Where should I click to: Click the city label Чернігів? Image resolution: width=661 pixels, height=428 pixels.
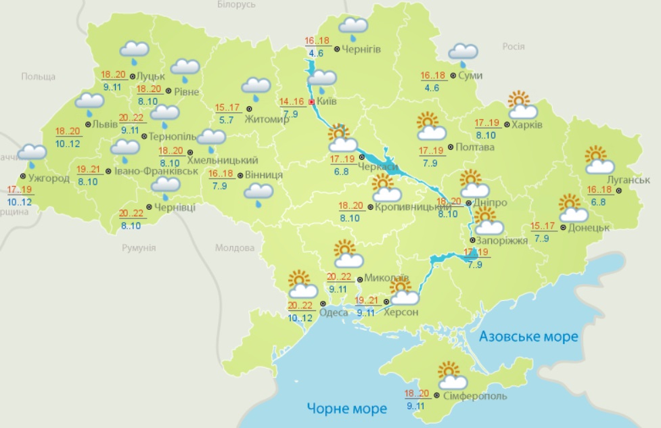click(x=361, y=49)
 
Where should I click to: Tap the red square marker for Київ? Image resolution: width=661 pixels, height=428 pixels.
click(x=311, y=102)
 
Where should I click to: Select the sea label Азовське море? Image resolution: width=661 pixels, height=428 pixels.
click(x=528, y=336)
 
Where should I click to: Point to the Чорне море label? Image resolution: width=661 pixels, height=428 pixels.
click(x=346, y=408)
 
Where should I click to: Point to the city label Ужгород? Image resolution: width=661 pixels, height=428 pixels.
click(x=48, y=178)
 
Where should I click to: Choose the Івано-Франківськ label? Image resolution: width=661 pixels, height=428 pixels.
click(x=156, y=171)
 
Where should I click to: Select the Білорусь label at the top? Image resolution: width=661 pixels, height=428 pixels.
click(x=236, y=5)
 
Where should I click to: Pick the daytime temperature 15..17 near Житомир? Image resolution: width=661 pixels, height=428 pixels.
click(x=227, y=108)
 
